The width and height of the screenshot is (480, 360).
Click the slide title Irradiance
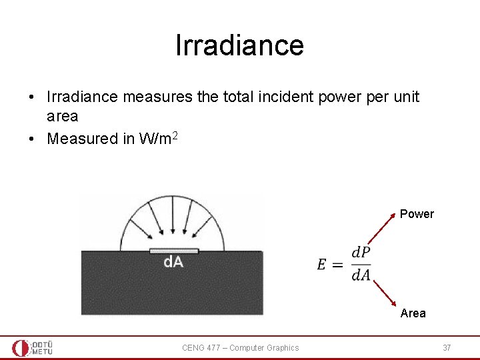(x=239, y=45)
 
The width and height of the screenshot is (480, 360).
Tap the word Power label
(x=417, y=214)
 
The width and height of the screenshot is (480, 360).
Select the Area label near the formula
(x=413, y=313)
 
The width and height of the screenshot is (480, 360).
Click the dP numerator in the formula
(x=361, y=253)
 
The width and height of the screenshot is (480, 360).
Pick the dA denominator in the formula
(x=361, y=274)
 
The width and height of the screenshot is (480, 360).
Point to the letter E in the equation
(x=322, y=264)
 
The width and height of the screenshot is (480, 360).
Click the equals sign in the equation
(x=337, y=265)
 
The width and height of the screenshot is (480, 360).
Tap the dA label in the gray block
(x=173, y=263)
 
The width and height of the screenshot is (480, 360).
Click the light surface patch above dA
(x=173, y=251)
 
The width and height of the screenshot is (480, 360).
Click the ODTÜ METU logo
(x=32, y=347)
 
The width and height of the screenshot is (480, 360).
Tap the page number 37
(x=447, y=347)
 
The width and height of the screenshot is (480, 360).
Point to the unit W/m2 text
(x=158, y=138)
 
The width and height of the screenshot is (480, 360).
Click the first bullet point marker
(x=32, y=97)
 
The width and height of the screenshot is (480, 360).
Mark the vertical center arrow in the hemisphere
(x=173, y=221)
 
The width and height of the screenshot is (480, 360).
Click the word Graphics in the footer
(x=283, y=347)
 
